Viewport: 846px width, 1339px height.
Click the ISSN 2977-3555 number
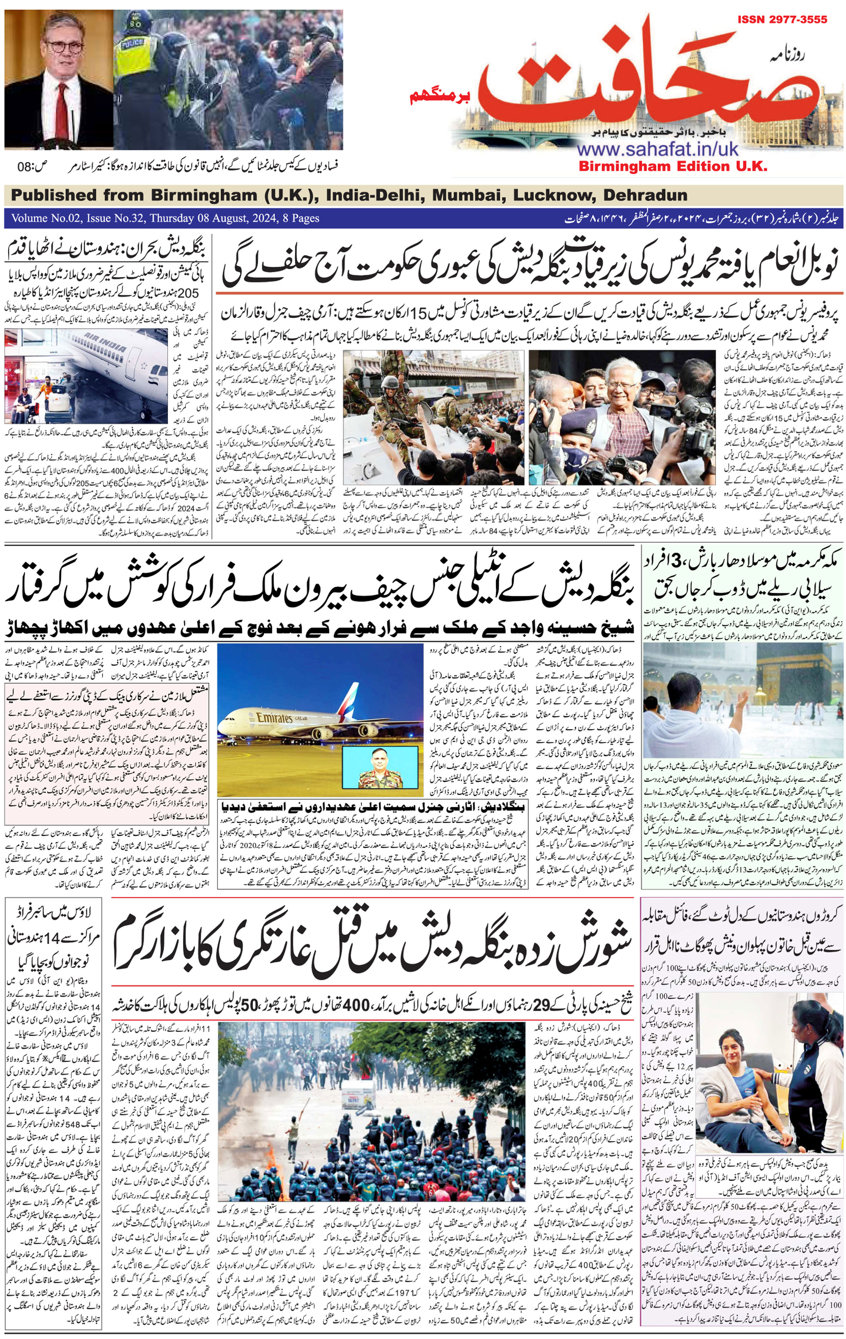tap(782, 20)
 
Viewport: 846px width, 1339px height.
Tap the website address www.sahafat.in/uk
tap(658, 149)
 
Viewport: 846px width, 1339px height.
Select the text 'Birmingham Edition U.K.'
tap(673, 166)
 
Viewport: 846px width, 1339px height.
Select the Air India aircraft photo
tap(86, 376)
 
